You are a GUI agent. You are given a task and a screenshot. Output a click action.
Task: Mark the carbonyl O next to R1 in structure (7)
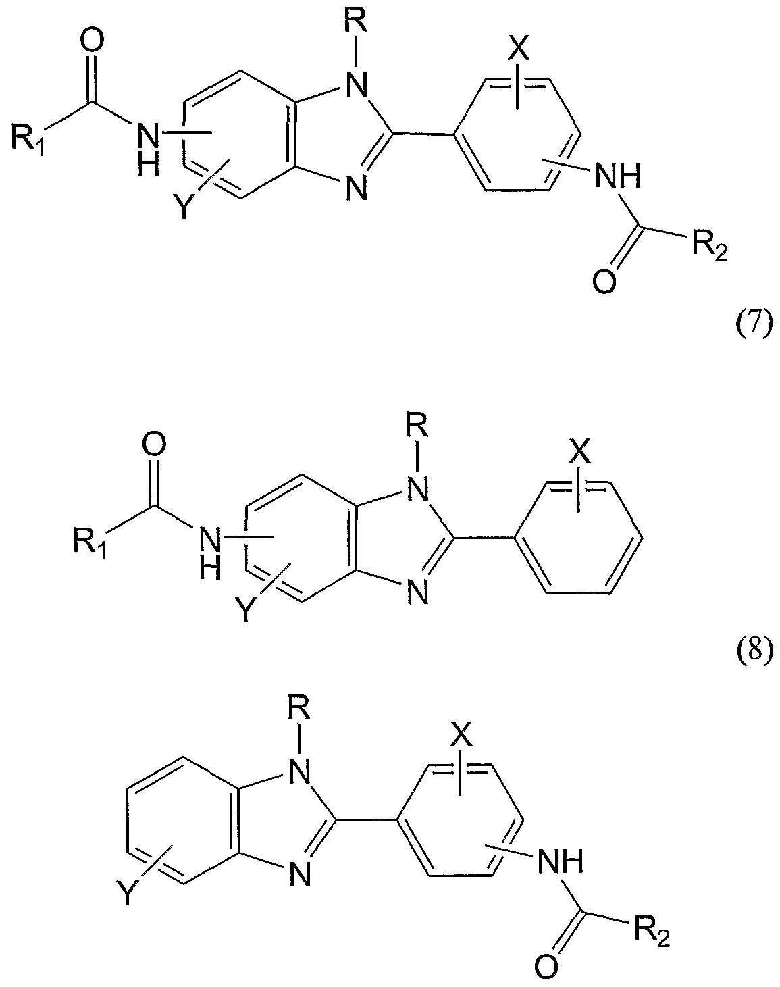click(94, 43)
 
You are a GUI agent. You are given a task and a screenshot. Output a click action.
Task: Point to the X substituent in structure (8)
click(579, 453)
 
